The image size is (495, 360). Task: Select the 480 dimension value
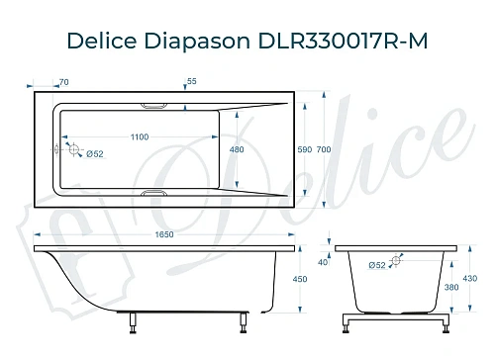coord(237,150)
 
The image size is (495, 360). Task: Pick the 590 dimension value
coord(305,149)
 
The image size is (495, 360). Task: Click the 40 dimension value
coord(322,263)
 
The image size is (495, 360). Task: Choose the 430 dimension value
coord(472,280)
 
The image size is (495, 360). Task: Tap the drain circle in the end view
coord(397,262)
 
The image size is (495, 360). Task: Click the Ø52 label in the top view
coord(96,153)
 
